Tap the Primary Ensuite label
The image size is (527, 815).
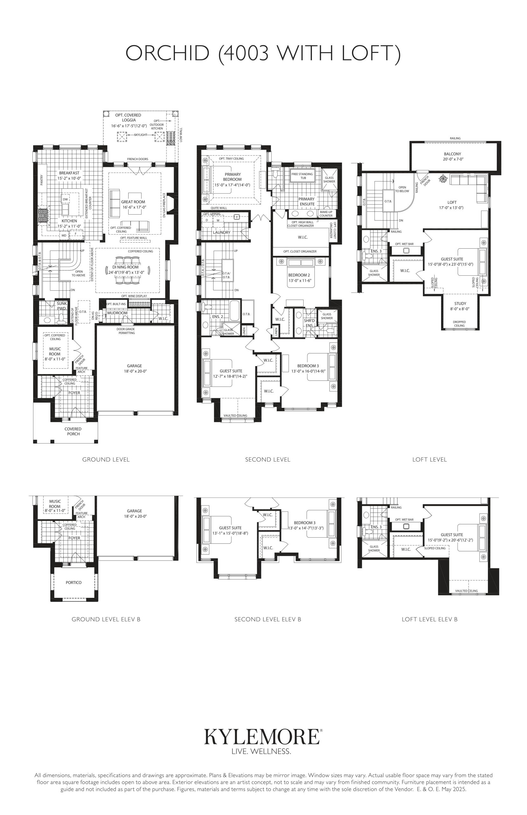306,202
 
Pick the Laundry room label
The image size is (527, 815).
222,232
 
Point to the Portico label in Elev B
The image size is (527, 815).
74,582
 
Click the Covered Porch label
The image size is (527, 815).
73,431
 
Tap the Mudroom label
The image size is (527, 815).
117,313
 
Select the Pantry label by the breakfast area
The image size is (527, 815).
42,180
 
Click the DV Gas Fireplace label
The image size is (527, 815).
164,205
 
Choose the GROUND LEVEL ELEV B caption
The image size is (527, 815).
106,619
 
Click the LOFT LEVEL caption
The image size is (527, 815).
430,460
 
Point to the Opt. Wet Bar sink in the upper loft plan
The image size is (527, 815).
406,250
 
